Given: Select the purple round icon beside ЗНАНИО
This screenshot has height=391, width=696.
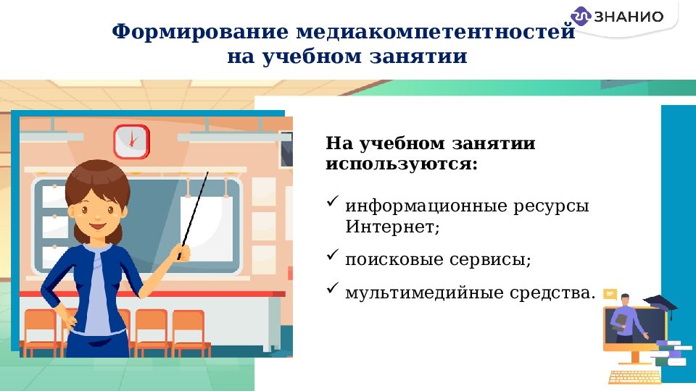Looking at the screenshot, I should [x=581, y=16].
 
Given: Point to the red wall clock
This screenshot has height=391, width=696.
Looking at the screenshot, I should [x=131, y=140].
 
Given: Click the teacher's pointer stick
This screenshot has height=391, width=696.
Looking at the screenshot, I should [x=194, y=210].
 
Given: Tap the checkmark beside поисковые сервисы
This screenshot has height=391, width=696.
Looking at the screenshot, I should [x=333, y=255].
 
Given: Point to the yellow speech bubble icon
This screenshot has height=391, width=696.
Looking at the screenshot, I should [x=610, y=294].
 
